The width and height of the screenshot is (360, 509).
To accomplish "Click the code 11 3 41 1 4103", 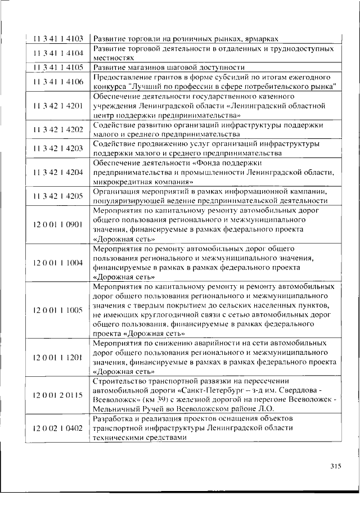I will [58, 39].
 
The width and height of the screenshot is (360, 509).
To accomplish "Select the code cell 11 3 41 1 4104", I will [58, 53].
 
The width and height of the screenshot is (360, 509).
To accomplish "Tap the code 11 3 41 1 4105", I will [58, 67].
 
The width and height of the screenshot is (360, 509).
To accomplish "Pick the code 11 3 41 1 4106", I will [58, 82].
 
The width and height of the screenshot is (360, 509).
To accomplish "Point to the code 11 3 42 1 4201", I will [58, 106].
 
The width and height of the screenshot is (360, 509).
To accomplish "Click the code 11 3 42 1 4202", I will [58, 130].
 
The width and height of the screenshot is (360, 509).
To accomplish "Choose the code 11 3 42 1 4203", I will [58, 149].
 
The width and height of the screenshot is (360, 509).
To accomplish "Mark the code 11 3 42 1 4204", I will [58, 173].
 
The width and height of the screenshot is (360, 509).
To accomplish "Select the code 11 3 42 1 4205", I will [58, 196].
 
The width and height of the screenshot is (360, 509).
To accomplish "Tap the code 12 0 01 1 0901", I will [58, 224].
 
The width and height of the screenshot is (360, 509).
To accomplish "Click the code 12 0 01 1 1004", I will [58, 263].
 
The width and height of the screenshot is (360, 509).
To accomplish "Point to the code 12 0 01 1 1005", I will [58, 310].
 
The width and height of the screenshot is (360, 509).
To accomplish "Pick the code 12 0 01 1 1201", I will [58, 357].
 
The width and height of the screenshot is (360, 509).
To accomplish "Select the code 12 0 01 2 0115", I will [58, 395].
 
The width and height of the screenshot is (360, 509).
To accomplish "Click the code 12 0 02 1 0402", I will [58, 429].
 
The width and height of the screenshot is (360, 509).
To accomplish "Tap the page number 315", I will [335, 466].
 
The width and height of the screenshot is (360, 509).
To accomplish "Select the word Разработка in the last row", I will [112, 420].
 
